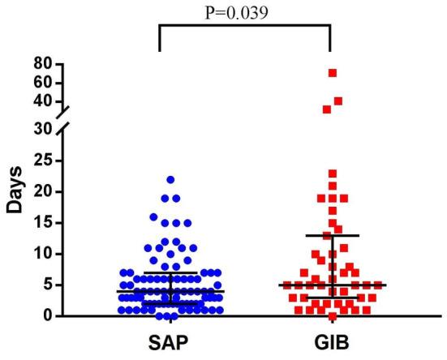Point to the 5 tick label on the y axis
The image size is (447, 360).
(48, 285)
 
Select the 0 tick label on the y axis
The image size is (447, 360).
(48, 315)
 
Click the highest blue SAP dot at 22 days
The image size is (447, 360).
(170, 180)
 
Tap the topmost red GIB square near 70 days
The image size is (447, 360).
(332, 73)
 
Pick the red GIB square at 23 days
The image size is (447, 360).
(332, 174)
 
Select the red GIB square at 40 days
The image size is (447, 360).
(338, 101)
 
